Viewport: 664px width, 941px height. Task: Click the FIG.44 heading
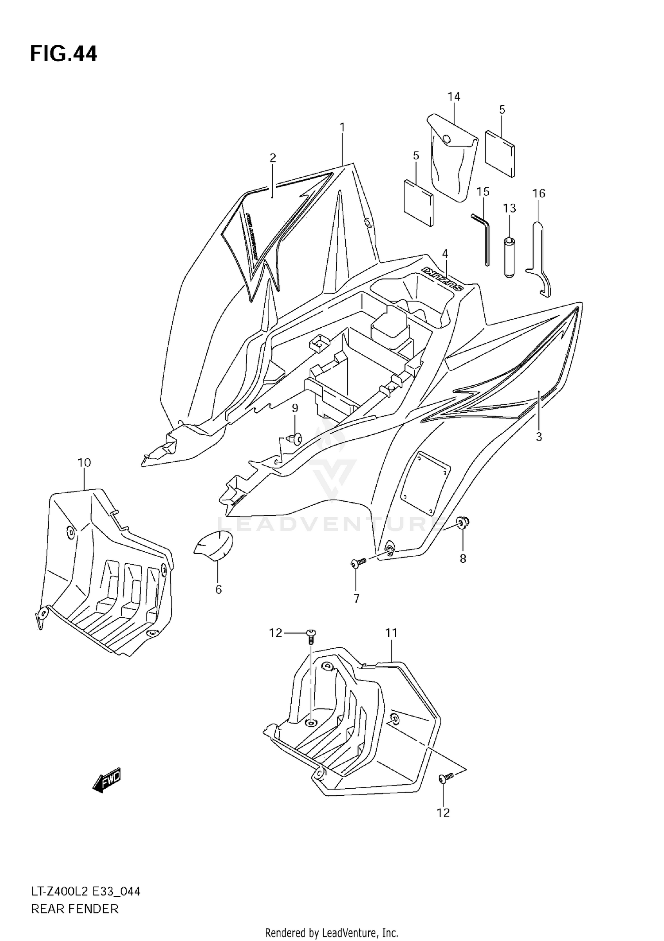[x=63, y=54]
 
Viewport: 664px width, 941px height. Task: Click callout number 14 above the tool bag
[x=454, y=97]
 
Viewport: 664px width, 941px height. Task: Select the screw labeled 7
[x=358, y=562]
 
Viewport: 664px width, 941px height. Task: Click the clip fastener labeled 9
[x=295, y=439]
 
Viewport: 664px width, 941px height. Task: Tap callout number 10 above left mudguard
[x=84, y=463]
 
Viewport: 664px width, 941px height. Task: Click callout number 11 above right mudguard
[x=391, y=633]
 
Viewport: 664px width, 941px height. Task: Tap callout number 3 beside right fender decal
[x=539, y=437]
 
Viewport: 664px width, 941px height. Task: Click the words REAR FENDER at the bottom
[x=75, y=909]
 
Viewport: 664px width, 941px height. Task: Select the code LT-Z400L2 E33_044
[x=85, y=891]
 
